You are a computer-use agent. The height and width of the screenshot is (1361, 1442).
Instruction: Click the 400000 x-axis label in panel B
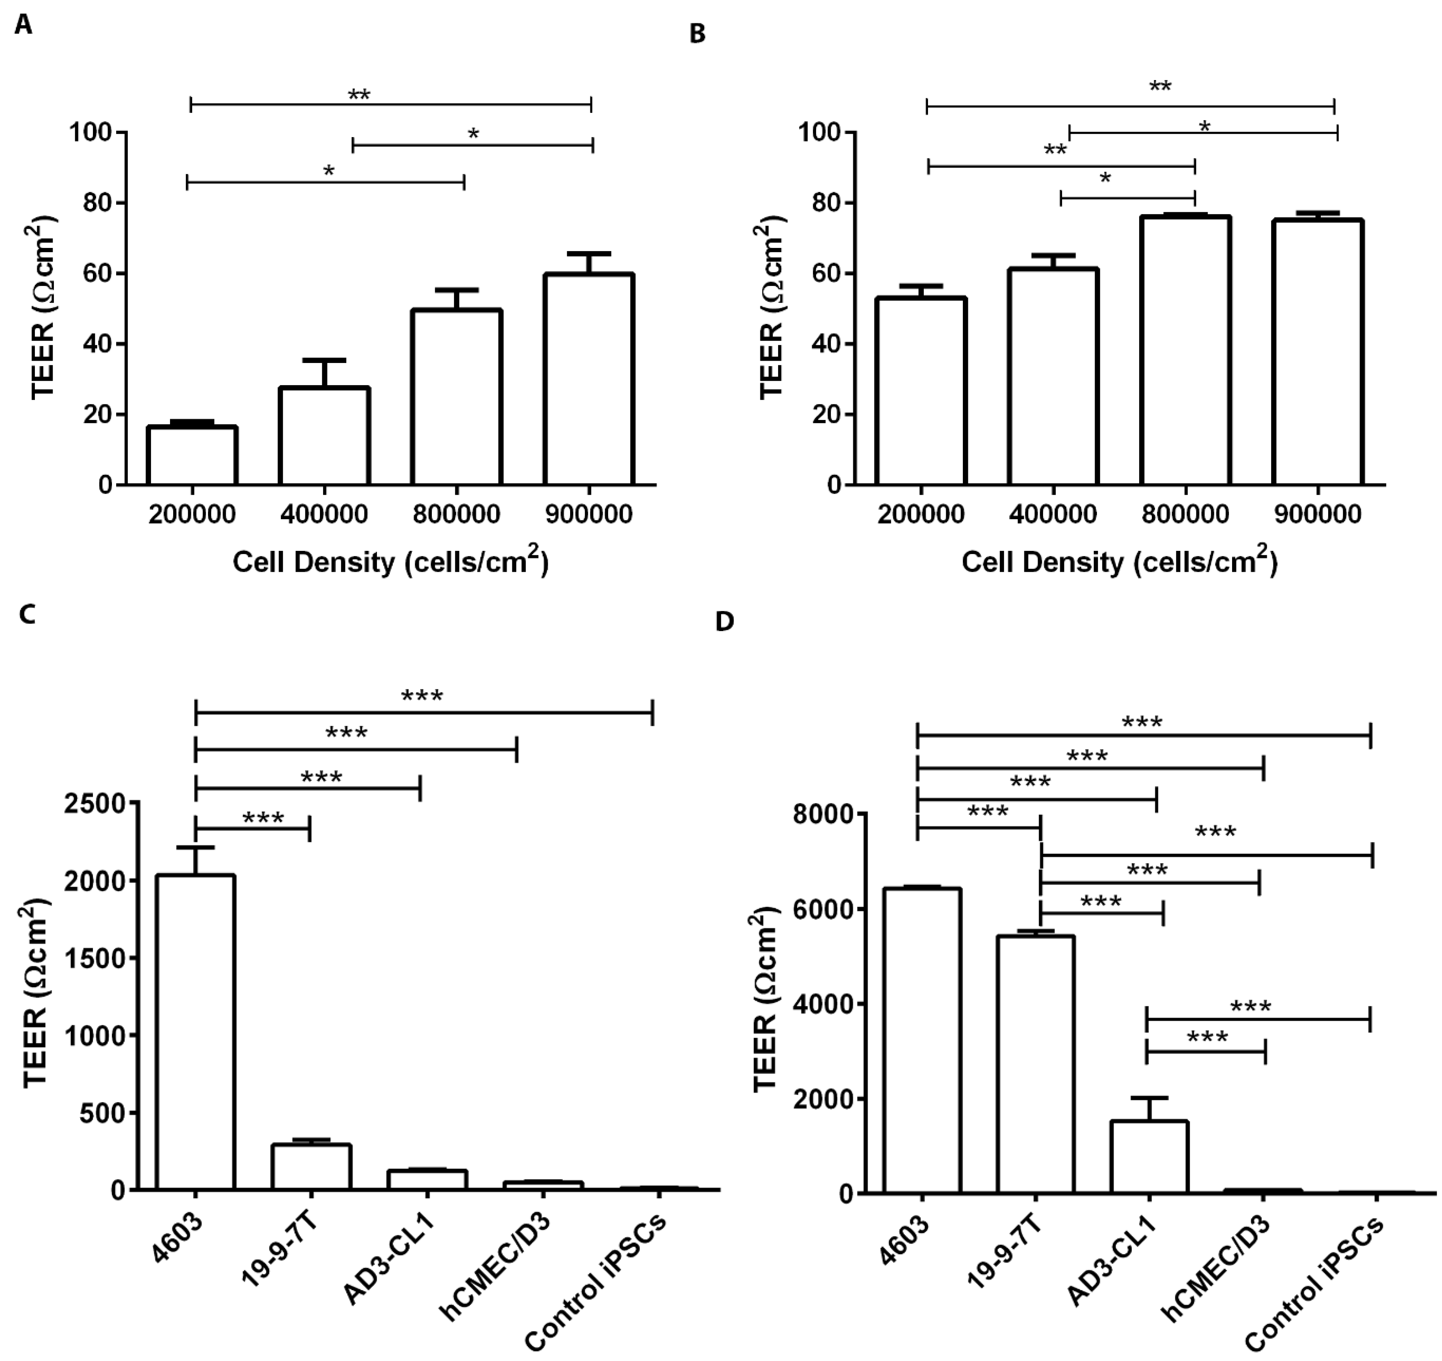coord(1053,514)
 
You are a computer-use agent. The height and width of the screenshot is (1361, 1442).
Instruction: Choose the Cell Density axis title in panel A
coord(390,562)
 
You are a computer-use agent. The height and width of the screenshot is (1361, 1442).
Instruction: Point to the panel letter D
coord(724,622)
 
